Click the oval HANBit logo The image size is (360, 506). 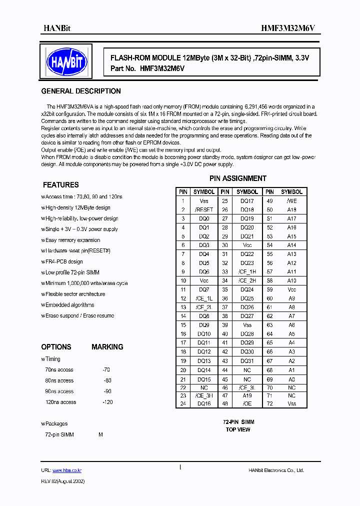click(67, 61)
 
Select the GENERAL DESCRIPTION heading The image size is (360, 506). click(80, 91)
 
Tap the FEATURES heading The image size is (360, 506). click(60, 185)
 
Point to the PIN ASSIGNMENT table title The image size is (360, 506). click(237, 178)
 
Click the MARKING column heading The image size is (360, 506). click(107, 347)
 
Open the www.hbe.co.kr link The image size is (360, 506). click(67, 470)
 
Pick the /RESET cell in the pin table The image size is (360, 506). click(204, 210)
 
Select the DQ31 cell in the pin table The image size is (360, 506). click(247, 361)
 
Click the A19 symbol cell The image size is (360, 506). click(247, 395)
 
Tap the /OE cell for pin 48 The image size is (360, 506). click(247, 403)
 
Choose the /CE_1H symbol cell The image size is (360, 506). click(247, 271)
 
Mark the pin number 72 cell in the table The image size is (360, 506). click(269, 403)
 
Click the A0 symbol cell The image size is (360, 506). click(291, 379)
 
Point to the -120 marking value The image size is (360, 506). click(107, 402)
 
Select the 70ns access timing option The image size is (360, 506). click(59, 370)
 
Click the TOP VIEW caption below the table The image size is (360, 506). click(238, 429)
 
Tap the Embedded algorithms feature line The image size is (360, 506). click(69, 305)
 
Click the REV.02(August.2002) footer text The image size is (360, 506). click(62, 481)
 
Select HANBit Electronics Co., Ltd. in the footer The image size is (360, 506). click(276, 470)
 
